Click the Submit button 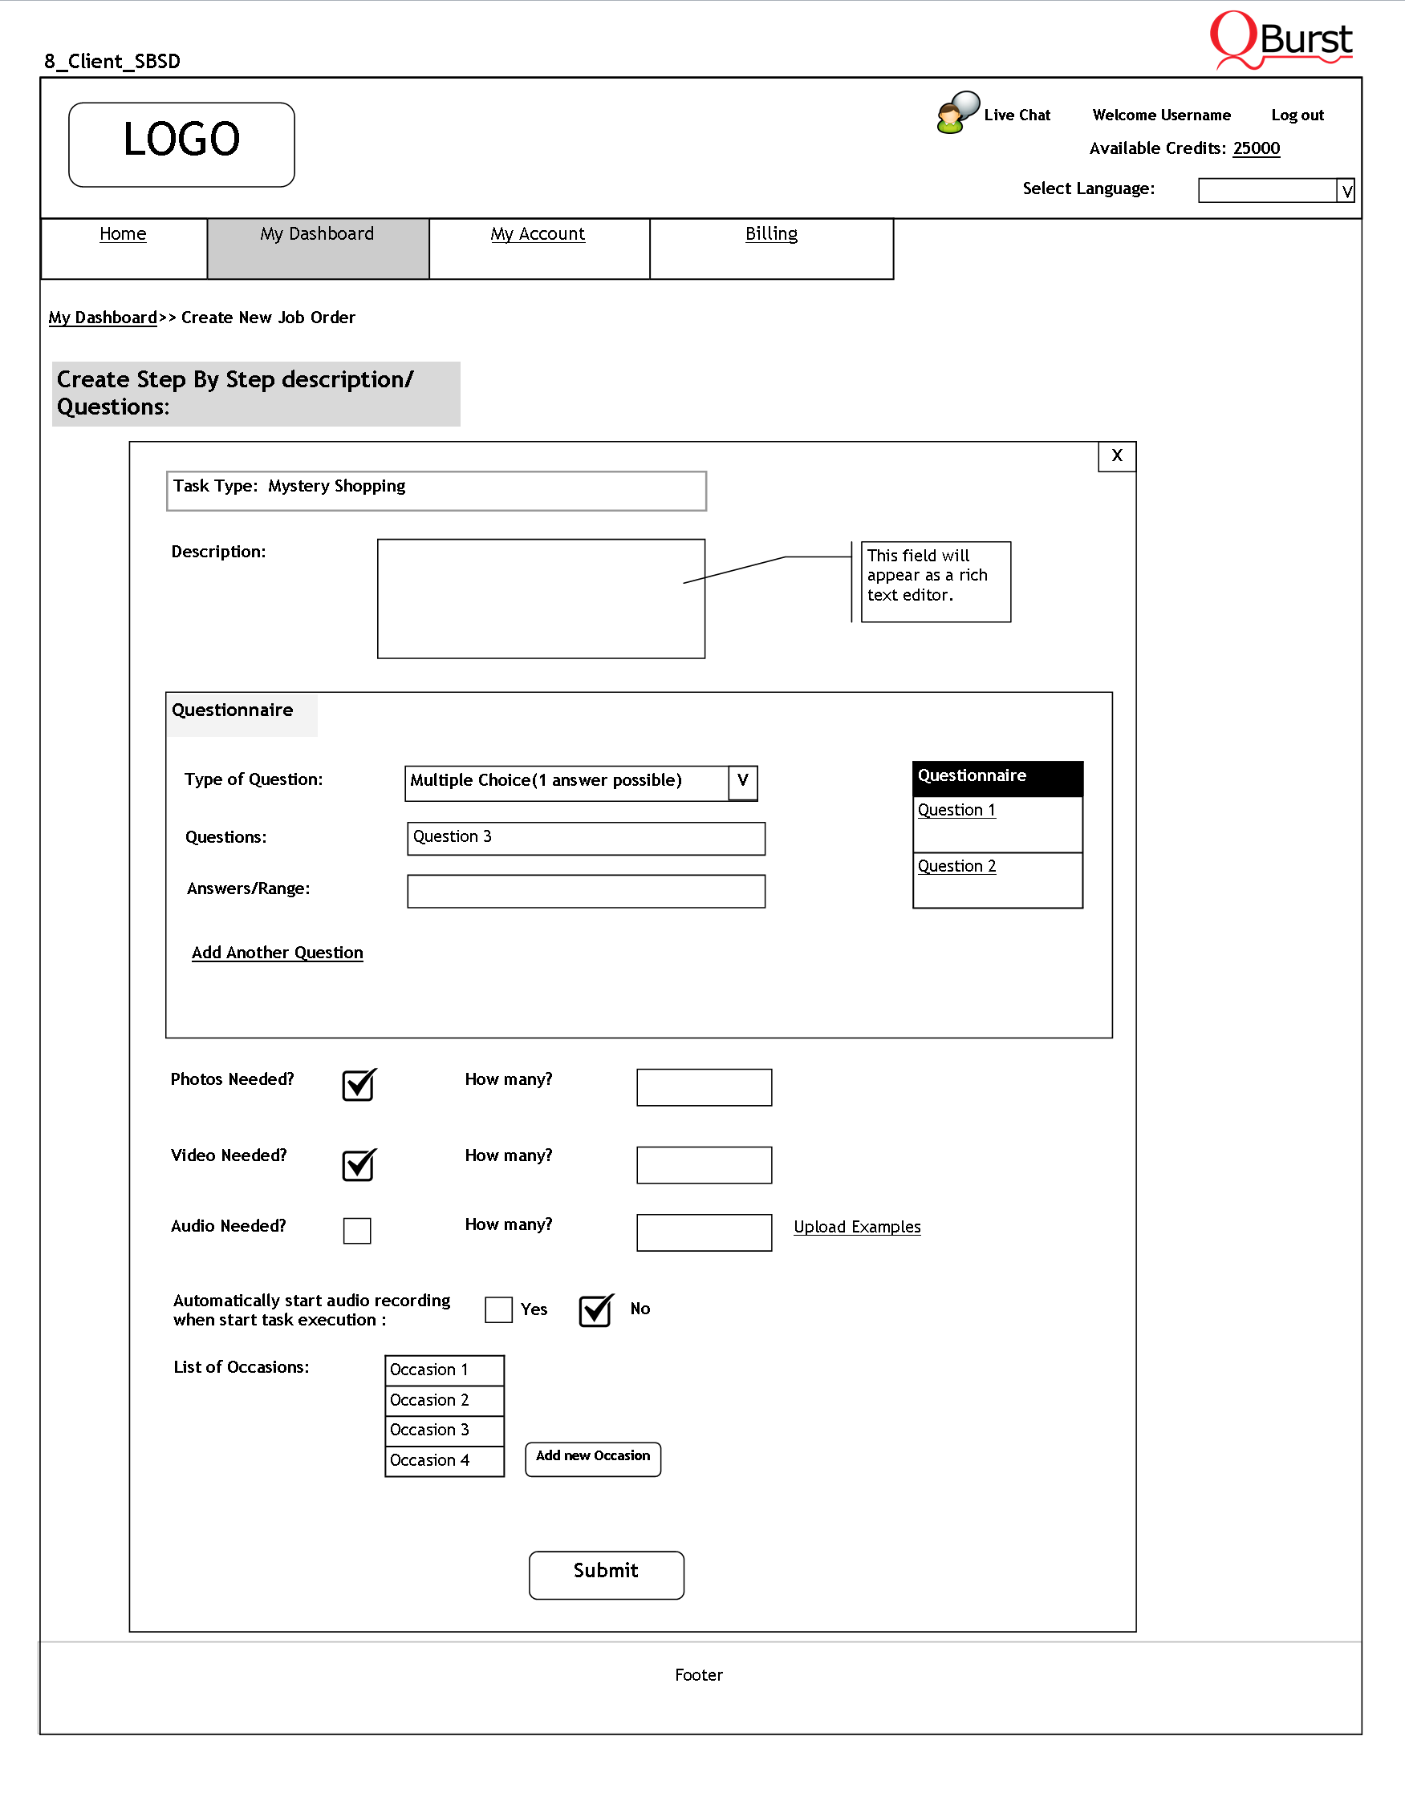click(x=606, y=1574)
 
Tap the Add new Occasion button click(x=593, y=1459)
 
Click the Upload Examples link click(x=856, y=1227)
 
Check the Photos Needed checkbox click(x=359, y=1085)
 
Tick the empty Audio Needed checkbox click(x=357, y=1231)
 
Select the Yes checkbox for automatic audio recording click(x=498, y=1309)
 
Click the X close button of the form click(x=1117, y=456)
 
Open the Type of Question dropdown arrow click(x=742, y=782)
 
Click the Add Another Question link click(x=277, y=953)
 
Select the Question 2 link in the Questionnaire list click(x=956, y=866)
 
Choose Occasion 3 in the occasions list click(x=444, y=1431)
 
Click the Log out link click(x=1297, y=115)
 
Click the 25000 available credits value click(x=1256, y=148)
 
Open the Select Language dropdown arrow click(x=1346, y=191)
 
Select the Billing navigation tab click(x=771, y=234)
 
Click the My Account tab click(x=538, y=234)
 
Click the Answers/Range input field click(x=586, y=891)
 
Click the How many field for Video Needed click(x=705, y=1165)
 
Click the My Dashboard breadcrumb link click(x=103, y=318)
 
